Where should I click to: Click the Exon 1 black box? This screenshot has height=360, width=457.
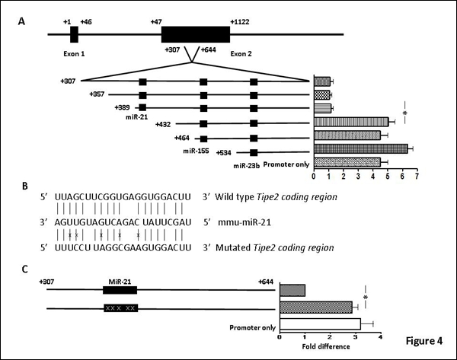click(74, 34)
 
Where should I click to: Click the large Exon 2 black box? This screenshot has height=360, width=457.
click(195, 34)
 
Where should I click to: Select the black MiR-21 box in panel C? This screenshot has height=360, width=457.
click(120, 290)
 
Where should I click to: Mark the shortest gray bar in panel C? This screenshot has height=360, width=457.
click(292, 290)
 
